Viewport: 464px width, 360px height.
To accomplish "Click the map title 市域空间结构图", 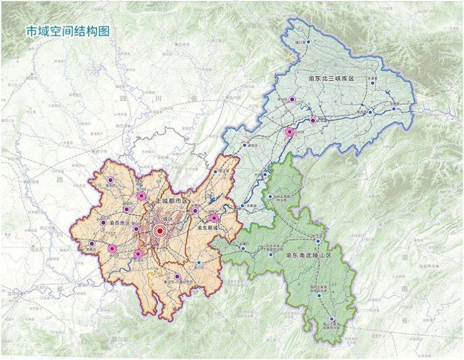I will [68, 31].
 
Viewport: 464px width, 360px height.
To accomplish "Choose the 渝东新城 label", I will [208, 227].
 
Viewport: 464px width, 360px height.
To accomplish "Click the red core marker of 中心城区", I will [160, 232].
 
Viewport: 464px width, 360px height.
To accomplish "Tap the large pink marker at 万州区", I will [290, 132].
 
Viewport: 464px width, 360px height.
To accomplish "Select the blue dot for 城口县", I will [309, 42].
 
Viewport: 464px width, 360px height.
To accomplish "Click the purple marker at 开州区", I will [292, 100].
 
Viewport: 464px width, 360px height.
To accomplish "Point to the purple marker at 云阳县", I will [312, 120].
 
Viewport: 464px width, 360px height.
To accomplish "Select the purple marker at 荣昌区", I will [92, 244].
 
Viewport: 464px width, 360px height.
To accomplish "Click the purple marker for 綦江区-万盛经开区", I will [177, 277].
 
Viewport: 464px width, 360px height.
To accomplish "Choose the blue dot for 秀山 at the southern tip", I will [332, 319].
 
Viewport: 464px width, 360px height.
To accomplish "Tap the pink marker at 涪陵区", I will [214, 218].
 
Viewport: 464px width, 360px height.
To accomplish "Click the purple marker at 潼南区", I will [110, 180].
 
